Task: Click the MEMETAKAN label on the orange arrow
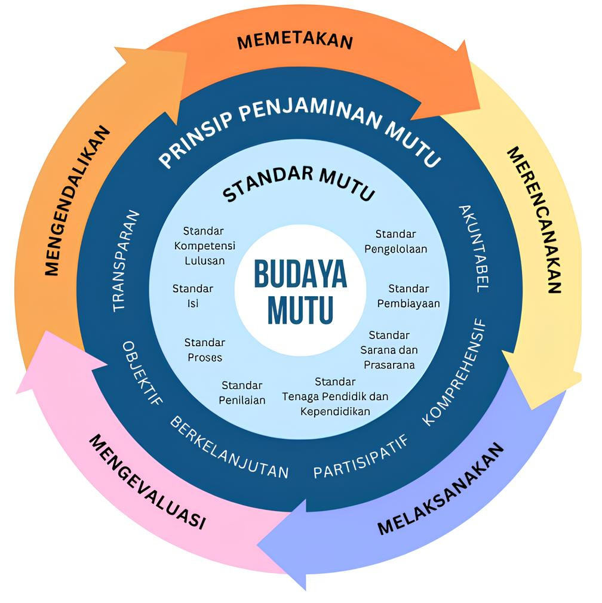(x=295, y=42)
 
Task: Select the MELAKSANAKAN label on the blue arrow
(x=441, y=489)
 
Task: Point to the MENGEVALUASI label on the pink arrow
(x=147, y=481)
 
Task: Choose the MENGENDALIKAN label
(x=78, y=201)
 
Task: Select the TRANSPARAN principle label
(x=127, y=260)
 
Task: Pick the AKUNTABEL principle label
(x=474, y=248)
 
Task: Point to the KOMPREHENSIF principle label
(x=456, y=373)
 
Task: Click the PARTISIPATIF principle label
(x=361, y=457)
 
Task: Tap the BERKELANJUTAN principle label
(x=229, y=447)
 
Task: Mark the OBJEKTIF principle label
(x=143, y=373)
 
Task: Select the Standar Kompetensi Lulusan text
(x=204, y=245)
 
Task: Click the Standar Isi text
(x=192, y=296)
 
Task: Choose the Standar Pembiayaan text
(x=408, y=296)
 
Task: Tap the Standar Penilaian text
(x=242, y=393)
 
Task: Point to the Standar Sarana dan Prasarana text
(x=389, y=350)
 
